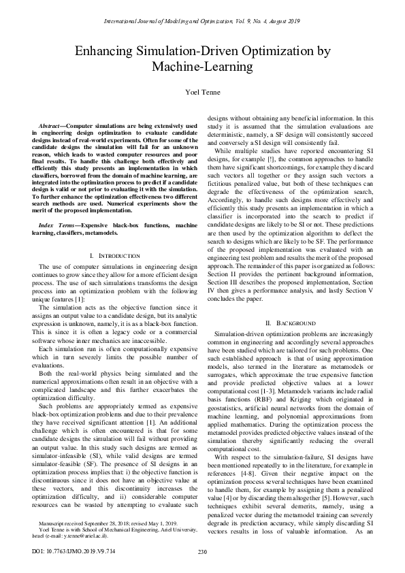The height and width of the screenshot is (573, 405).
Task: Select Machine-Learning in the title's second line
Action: point(203,67)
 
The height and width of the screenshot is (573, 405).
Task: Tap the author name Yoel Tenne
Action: point(203,92)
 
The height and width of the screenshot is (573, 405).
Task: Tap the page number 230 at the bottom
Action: point(202,551)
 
